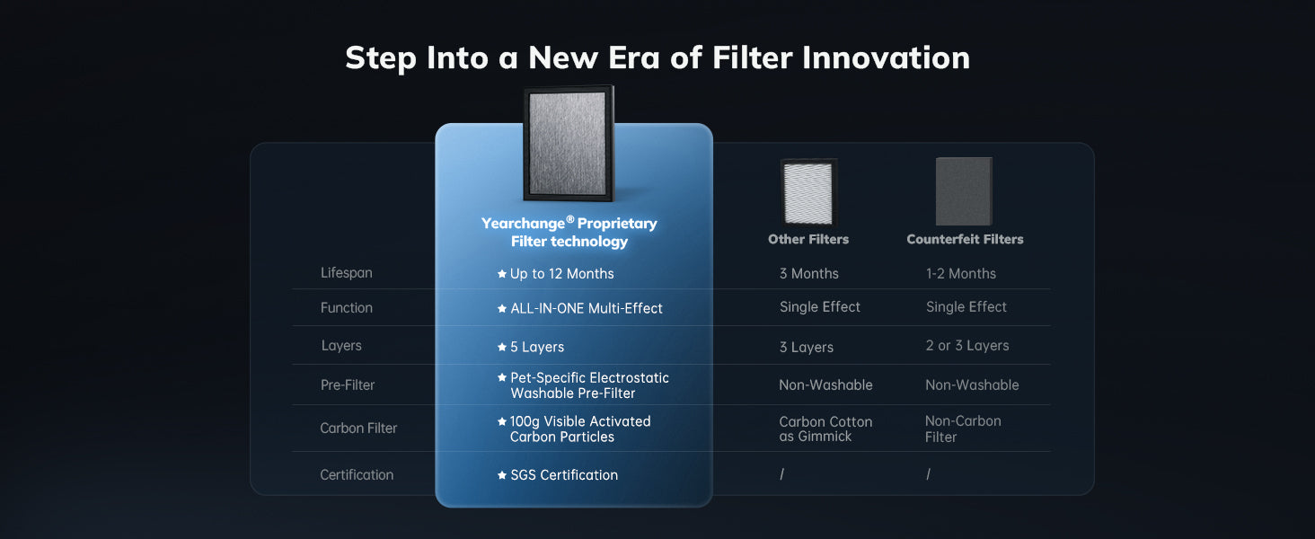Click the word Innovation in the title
pos(886,57)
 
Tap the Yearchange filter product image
pos(569,143)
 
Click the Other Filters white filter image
pos(808,192)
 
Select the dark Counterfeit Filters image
pos(964,191)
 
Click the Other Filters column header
pos(808,239)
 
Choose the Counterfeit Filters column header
pos(965,239)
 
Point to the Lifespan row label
pos(347,273)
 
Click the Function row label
pos(347,307)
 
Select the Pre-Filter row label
pos(348,385)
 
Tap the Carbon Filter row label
pos(358,428)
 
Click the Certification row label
pos(357,475)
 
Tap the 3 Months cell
pos(809,274)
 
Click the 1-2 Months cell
pos(961,274)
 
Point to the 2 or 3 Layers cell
pos(967,345)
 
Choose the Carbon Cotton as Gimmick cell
pos(825,429)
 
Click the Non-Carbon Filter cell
pos(963,429)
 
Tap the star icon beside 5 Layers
pos(502,347)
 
